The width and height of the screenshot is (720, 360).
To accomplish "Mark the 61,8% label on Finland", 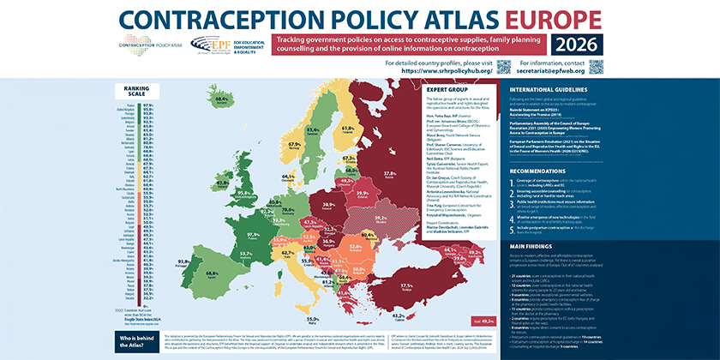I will click(348, 129).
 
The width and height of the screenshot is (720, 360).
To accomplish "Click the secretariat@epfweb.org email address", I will click(639, 71).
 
